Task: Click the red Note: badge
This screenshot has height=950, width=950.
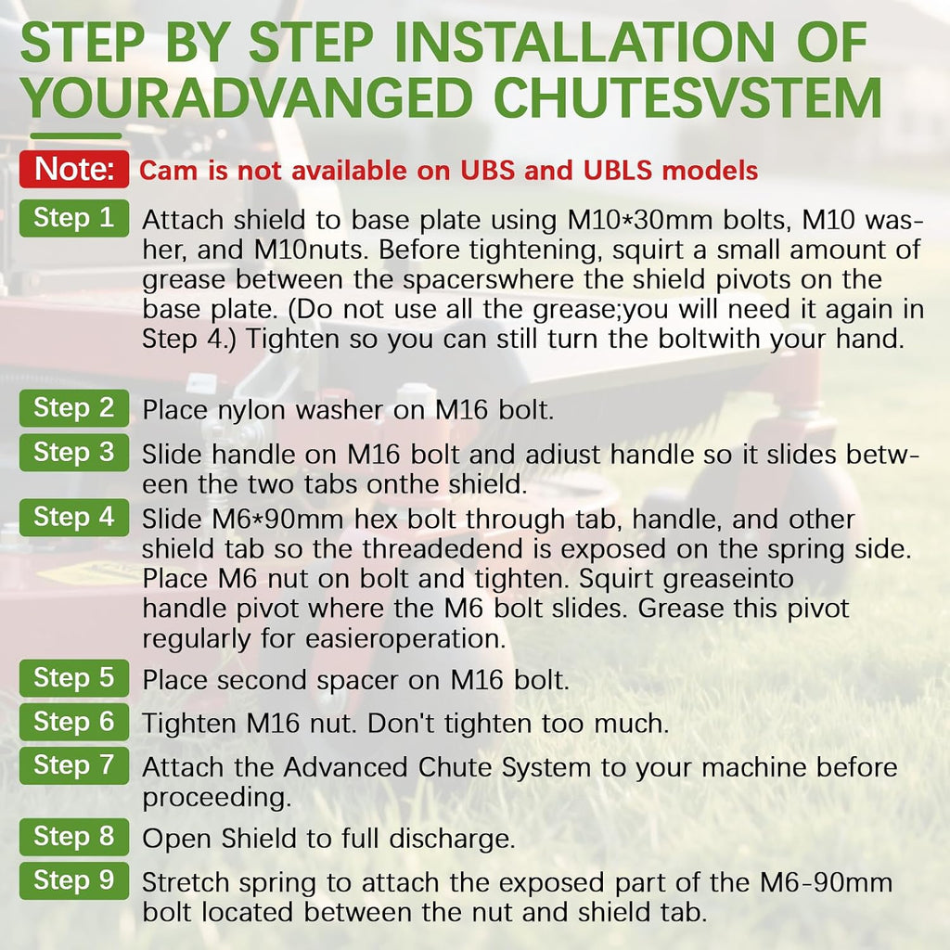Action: [x=74, y=169]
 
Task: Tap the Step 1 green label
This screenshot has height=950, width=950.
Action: [x=74, y=218]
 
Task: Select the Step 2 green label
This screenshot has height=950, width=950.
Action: [x=74, y=408]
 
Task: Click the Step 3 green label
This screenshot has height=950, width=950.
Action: [x=74, y=452]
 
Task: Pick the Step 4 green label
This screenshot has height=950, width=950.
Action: [x=74, y=518]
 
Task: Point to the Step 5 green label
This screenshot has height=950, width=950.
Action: [x=74, y=678]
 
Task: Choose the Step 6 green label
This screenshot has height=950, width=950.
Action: [x=74, y=722]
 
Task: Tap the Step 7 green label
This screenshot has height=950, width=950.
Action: [x=74, y=765]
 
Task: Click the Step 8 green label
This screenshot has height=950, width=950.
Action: [x=74, y=837]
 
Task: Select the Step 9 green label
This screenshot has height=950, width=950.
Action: [x=74, y=880]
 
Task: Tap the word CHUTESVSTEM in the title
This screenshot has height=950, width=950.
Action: [x=687, y=98]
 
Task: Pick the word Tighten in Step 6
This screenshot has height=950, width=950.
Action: [x=189, y=725]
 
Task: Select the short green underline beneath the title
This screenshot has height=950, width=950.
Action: [x=76, y=135]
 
